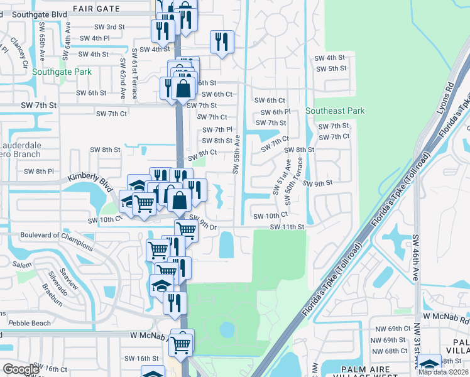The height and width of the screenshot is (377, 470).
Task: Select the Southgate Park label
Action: coord(62,72)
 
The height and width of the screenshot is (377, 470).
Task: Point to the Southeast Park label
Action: coord(335,111)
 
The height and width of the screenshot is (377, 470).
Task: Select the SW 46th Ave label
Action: coord(415,257)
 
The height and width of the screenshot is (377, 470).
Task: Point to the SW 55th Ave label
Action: coord(236,154)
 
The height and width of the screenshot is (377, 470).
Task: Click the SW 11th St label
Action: coord(287,227)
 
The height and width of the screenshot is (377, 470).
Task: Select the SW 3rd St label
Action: coord(109,27)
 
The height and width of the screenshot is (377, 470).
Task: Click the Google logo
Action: coord(21,369)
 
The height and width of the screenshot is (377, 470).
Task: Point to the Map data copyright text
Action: coord(444,372)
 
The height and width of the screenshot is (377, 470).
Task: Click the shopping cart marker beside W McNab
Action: coord(182,343)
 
